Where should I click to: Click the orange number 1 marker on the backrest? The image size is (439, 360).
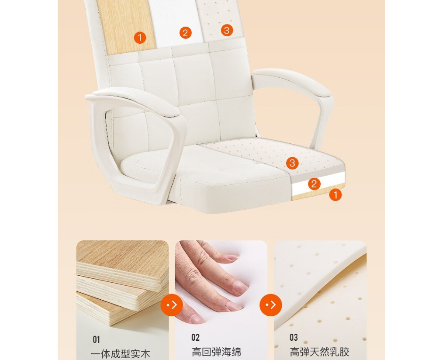(140, 38)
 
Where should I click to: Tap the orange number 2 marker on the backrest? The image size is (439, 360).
(185, 33)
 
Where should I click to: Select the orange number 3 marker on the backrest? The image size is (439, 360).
(227, 30)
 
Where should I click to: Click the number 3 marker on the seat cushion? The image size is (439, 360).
(292, 163)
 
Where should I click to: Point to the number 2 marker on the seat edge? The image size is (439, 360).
(314, 184)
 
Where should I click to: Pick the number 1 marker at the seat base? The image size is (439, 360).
(335, 195)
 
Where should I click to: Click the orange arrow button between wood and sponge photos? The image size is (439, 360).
(172, 305)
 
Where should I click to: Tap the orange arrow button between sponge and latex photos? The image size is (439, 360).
(271, 305)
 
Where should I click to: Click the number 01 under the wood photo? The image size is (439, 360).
(96, 339)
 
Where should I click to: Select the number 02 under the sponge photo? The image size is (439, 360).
(195, 338)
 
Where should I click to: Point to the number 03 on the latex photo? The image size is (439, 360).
(294, 337)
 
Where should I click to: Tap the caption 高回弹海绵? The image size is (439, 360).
(216, 352)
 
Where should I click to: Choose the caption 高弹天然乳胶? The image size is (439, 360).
(319, 352)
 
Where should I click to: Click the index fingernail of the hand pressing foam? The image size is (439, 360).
(241, 287)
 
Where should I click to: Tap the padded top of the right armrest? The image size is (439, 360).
(292, 81)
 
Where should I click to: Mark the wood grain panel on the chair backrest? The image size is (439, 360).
(126, 27)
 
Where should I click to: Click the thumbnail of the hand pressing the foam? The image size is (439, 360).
(197, 318)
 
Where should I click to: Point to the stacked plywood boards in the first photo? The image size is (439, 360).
(122, 283)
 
